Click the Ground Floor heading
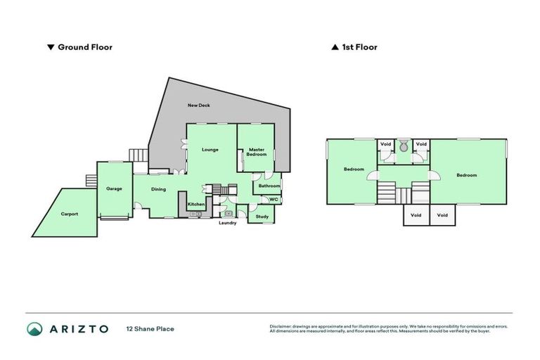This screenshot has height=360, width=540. click(x=85, y=48)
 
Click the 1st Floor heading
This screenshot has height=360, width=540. click(x=359, y=48)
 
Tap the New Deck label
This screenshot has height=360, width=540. click(x=199, y=105)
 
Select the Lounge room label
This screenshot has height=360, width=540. click(x=210, y=149)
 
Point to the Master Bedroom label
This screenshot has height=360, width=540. click(x=257, y=151)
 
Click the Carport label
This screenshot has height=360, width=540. click(x=69, y=214)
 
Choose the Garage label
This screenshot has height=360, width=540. click(x=115, y=188)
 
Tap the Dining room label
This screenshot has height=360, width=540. click(x=159, y=188)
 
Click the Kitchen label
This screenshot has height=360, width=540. click(x=196, y=204)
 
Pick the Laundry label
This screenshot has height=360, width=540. click(x=227, y=223)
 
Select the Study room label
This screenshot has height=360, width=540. click(x=262, y=217)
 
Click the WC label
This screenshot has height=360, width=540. click(x=274, y=200)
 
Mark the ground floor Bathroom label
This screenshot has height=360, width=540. click(x=269, y=186)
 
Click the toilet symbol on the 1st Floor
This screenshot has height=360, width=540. click(x=404, y=147)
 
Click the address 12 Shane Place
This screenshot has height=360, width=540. click(x=150, y=329)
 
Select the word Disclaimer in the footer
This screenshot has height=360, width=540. click(x=281, y=326)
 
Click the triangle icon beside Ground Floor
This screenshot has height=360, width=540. click(x=50, y=48)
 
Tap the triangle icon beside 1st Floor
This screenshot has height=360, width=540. click(x=335, y=48)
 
